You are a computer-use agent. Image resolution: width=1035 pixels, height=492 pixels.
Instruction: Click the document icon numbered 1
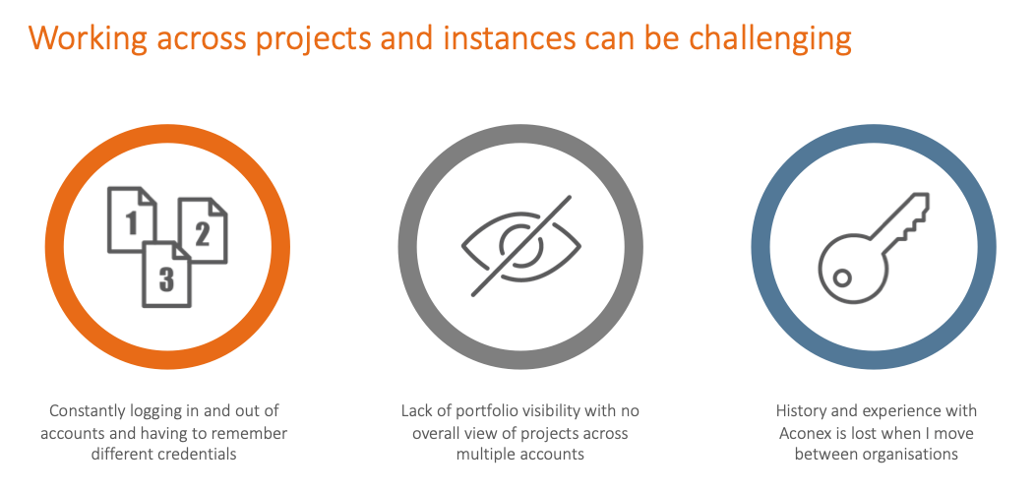click(x=132, y=219)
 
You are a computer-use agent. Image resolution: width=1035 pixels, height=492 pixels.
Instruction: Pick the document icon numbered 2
click(x=203, y=230)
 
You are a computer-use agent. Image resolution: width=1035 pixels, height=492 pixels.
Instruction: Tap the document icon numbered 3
click(x=167, y=275)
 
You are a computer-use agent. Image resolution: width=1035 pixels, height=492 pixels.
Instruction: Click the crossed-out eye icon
click(x=520, y=246)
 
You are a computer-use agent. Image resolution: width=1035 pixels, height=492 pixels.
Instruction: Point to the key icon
click(x=874, y=248)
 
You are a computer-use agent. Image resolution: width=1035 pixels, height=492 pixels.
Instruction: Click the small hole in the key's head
click(x=841, y=278)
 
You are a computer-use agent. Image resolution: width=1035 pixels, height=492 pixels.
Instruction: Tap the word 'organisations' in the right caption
click(x=912, y=455)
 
